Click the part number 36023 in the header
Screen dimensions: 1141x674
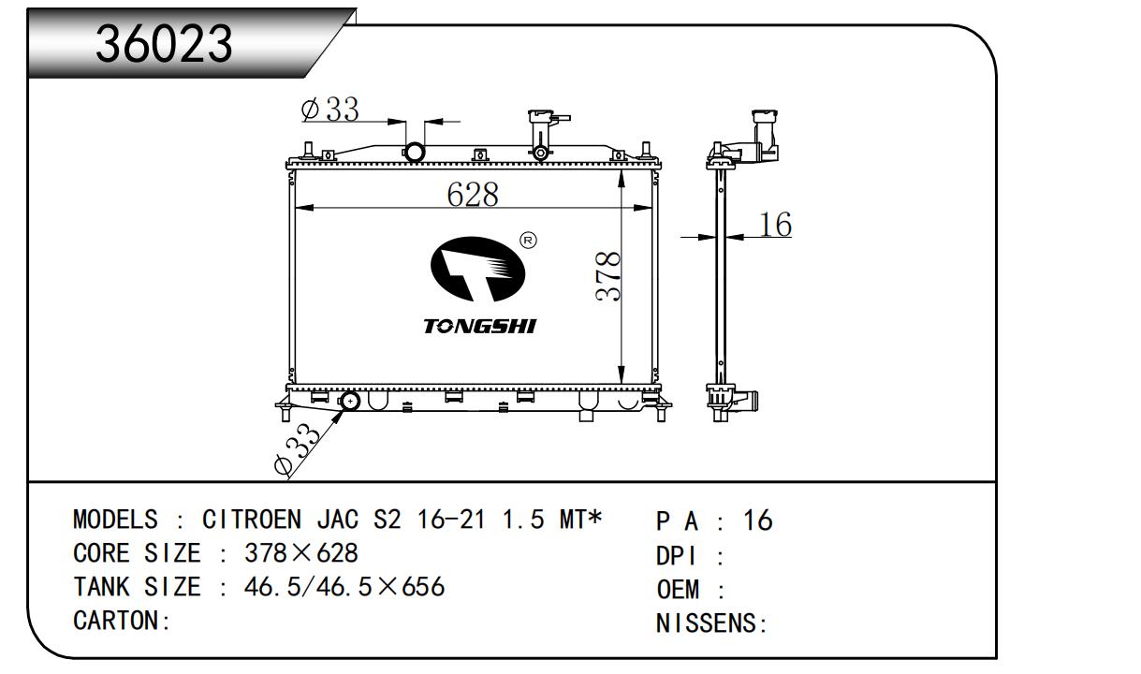pos(164,44)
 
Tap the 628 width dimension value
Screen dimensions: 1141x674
pos(473,194)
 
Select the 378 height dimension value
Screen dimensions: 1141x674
pos(608,276)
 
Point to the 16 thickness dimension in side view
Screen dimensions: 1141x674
pos(775,224)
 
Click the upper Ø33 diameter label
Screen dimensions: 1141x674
pos(330,109)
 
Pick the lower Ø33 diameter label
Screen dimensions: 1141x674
pos(297,449)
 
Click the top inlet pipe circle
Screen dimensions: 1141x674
pos(414,152)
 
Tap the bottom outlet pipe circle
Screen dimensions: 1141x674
pos(350,402)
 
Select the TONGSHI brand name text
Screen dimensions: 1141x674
pos(480,326)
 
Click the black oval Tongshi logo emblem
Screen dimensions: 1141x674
pos(477,269)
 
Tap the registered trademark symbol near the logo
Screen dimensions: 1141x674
pos(528,240)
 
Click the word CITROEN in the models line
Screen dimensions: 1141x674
pos(252,520)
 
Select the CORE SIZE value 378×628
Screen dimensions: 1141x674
pos(301,553)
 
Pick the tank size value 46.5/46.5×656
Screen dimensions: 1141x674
pos(344,587)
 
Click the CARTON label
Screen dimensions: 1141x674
pos(122,621)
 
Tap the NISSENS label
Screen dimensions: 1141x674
pos(711,623)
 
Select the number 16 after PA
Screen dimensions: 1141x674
pos(758,520)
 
